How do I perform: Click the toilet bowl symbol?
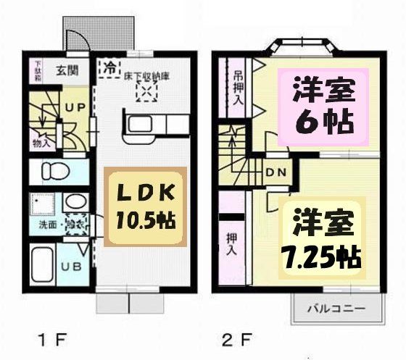point(52,172)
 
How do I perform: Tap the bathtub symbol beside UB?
point(43,265)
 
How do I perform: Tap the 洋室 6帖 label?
point(323,106)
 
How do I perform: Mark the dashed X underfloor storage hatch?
point(147,93)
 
